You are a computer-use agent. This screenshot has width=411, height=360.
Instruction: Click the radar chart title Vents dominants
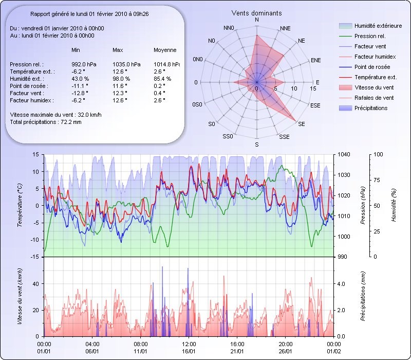(256, 13)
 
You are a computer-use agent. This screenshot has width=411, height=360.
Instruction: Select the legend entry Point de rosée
(372, 67)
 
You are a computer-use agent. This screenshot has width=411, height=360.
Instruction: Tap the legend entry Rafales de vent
(374, 98)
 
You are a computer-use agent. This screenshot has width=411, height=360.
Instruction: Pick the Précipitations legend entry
(371, 108)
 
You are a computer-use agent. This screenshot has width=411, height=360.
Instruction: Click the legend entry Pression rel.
(370, 37)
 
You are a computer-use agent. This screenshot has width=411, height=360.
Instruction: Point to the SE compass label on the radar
(302, 124)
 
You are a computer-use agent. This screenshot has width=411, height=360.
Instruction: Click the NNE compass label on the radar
(286, 28)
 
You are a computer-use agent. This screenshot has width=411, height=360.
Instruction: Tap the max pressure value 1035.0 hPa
(125, 64)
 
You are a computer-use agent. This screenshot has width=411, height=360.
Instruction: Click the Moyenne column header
(165, 50)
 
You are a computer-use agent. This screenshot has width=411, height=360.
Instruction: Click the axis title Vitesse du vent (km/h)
(20, 296)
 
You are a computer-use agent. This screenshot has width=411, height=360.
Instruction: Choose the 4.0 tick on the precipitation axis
(341, 283)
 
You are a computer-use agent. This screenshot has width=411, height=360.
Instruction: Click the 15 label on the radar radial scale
(313, 88)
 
